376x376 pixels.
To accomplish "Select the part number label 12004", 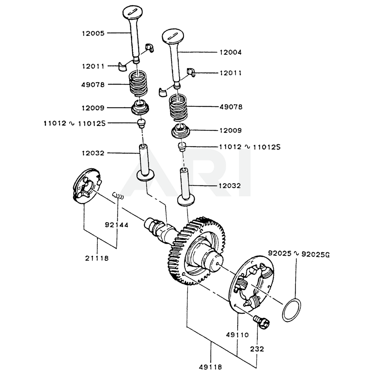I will pyautogui.click(x=230, y=53).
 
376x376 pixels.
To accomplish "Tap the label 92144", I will pyautogui.click(x=117, y=225).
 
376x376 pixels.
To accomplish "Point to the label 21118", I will pyautogui.click(x=97, y=258).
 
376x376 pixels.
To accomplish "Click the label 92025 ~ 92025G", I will pyautogui.click(x=299, y=254).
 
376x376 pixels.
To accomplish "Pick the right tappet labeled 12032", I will pyautogui.click(x=186, y=187).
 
